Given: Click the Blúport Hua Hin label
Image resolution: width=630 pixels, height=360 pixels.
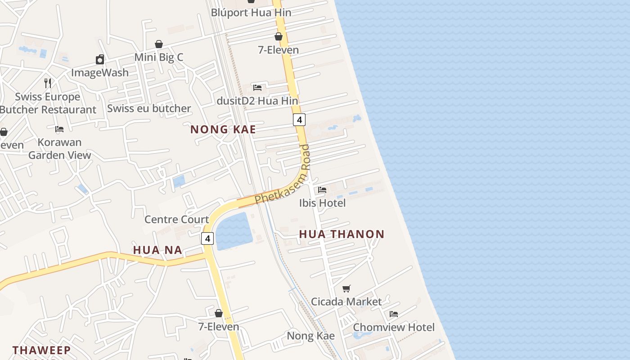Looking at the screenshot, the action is pyautogui.click(x=251, y=13).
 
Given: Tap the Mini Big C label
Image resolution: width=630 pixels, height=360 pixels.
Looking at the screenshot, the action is pyautogui.click(x=159, y=57).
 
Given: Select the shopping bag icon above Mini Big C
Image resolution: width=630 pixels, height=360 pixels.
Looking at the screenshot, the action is pyautogui.click(x=159, y=44).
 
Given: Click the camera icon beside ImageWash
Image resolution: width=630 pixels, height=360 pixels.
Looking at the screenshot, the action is pyautogui.click(x=100, y=59).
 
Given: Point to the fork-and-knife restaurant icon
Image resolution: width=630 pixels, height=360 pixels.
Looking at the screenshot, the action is pyautogui.click(x=48, y=83).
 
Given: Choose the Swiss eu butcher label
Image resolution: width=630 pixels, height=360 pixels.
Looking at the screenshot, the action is pyautogui.click(x=149, y=108).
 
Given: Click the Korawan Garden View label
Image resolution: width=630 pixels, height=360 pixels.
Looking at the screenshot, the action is pyautogui.click(x=60, y=148).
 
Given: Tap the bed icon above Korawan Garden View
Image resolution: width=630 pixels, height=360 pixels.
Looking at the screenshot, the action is pyautogui.click(x=59, y=129).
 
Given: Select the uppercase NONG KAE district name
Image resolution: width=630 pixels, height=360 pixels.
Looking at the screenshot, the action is pyautogui.click(x=223, y=130).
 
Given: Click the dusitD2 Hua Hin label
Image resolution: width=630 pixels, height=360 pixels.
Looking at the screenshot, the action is pyautogui.click(x=257, y=101).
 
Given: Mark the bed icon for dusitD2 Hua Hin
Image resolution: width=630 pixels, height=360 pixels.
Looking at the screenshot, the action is pyautogui.click(x=257, y=87).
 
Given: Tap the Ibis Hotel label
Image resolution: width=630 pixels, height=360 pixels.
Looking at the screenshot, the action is pyautogui.click(x=323, y=203).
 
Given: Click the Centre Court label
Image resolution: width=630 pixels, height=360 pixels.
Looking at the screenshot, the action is pyautogui.click(x=177, y=220).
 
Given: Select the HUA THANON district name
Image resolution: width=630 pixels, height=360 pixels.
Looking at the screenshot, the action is pyautogui.click(x=342, y=234).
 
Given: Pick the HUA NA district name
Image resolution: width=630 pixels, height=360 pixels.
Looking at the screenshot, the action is pyautogui.click(x=157, y=250).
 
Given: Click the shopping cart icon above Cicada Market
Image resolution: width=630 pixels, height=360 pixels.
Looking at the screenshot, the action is pyautogui.click(x=346, y=288).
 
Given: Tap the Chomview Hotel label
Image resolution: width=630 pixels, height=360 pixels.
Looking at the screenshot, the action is pyautogui.click(x=394, y=327).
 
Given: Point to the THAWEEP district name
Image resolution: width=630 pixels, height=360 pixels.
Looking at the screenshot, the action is pyautogui.click(x=41, y=350).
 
